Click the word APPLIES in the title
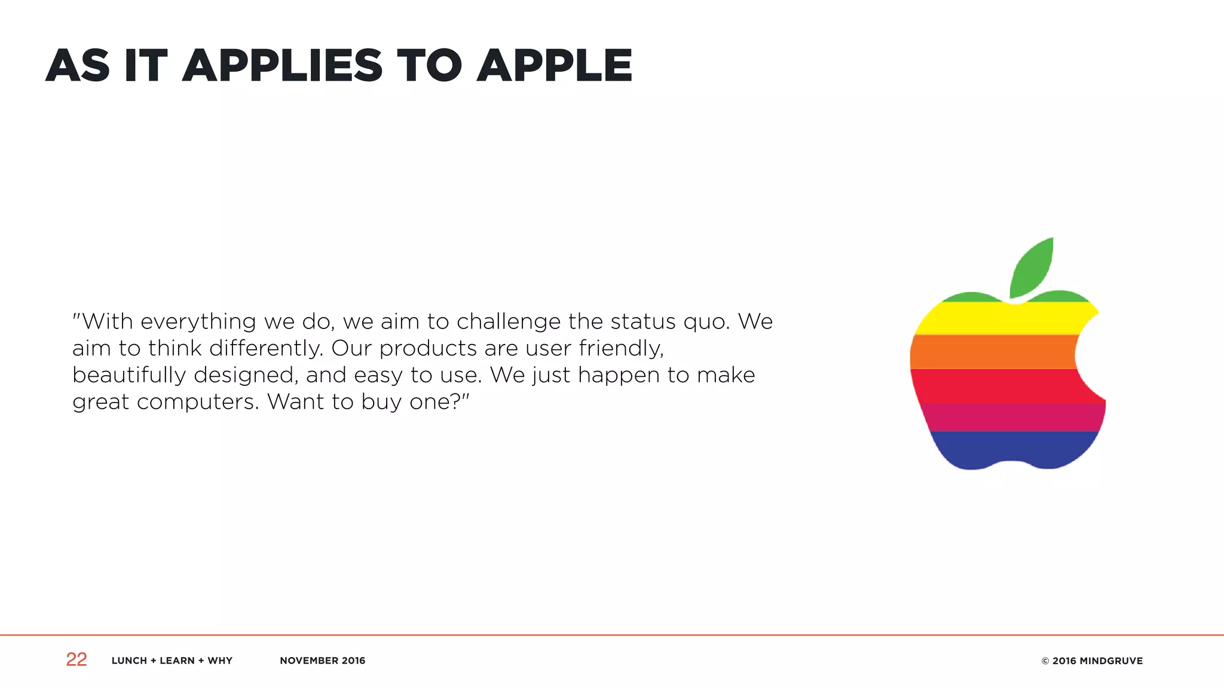[x=282, y=66]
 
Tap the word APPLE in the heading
[x=554, y=66]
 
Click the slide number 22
[x=76, y=659]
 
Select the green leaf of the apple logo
[x=1032, y=267]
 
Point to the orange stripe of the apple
[x=992, y=352]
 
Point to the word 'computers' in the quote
[x=198, y=402]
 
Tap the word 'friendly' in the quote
[x=621, y=348]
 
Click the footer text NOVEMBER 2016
[x=322, y=661]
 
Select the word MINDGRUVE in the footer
[x=1111, y=661]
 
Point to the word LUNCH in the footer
[x=129, y=661]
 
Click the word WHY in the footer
[x=220, y=661]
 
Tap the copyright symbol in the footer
[x=1045, y=661]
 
